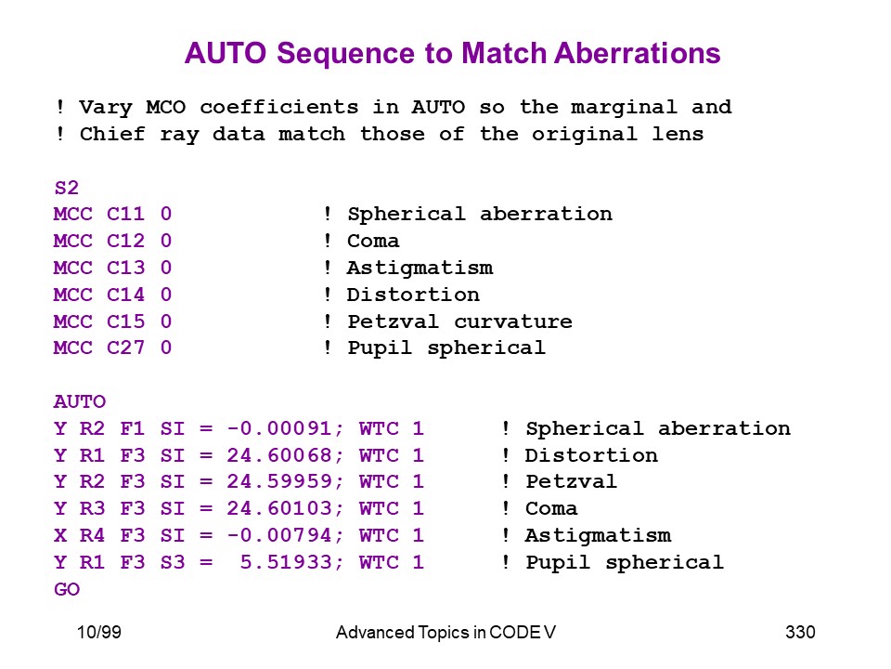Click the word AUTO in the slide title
pyautogui.click(x=226, y=54)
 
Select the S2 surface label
pyautogui.click(x=67, y=188)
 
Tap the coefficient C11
pyautogui.click(x=125, y=214)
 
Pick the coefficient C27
pyautogui.click(x=125, y=348)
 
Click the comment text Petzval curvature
pyautogui.click(x=459, y=321)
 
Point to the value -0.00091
pyautogui.click(x=279, y=428)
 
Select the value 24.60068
pyautogui.click(x=279, y=455)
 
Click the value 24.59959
pyautogui.click(x=279, y=482)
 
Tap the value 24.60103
pyautogui.click(x=279, y=508)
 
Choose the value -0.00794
pyautogui.click(x=279, y=535)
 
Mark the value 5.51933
pyautogui.click(x=286, y=562)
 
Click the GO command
pyautogui.click(x=67, y=589)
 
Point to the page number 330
pyautogui.click(x=800, y=632)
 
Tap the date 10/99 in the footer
pyautogui.click(x=99, y=632)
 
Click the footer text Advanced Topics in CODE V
pyautogui.click(x=445, y=632)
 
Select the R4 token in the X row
pyautogui.click(x=92, y=535)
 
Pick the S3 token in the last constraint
pyautogui.click(x=173, y=562)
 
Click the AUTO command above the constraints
pyautogui.click(x=80, y=401)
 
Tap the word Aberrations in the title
pyautogui.click(x=638, y=54)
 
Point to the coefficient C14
pyautogui.click(x=125, y=295)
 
